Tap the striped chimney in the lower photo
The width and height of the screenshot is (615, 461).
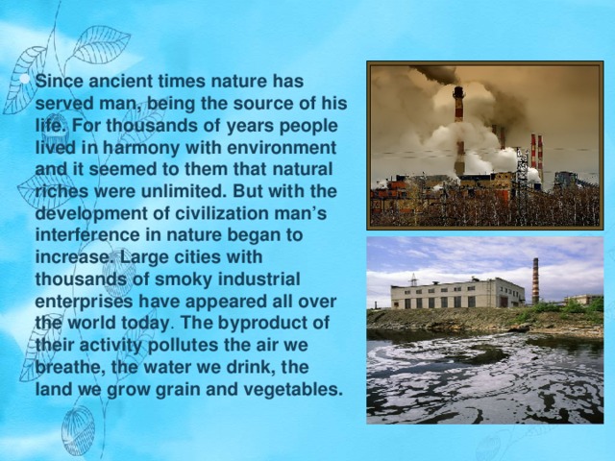[536, 278]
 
